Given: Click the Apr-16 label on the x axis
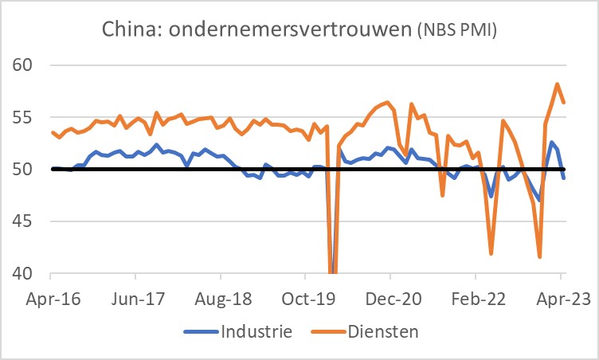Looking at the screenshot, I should (x=50, y=299).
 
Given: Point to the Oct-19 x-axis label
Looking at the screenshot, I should (x=305, y=299).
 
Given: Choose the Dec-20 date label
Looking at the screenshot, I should (x=390, y=299).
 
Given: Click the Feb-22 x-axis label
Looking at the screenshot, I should (x=476, y=299).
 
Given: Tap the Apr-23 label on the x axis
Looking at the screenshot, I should (x=560, y=299).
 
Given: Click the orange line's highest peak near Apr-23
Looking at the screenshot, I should (x=557, y=84).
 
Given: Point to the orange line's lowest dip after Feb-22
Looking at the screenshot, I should (x=540, y=256).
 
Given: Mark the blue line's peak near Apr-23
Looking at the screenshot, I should (x=552, y=143).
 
